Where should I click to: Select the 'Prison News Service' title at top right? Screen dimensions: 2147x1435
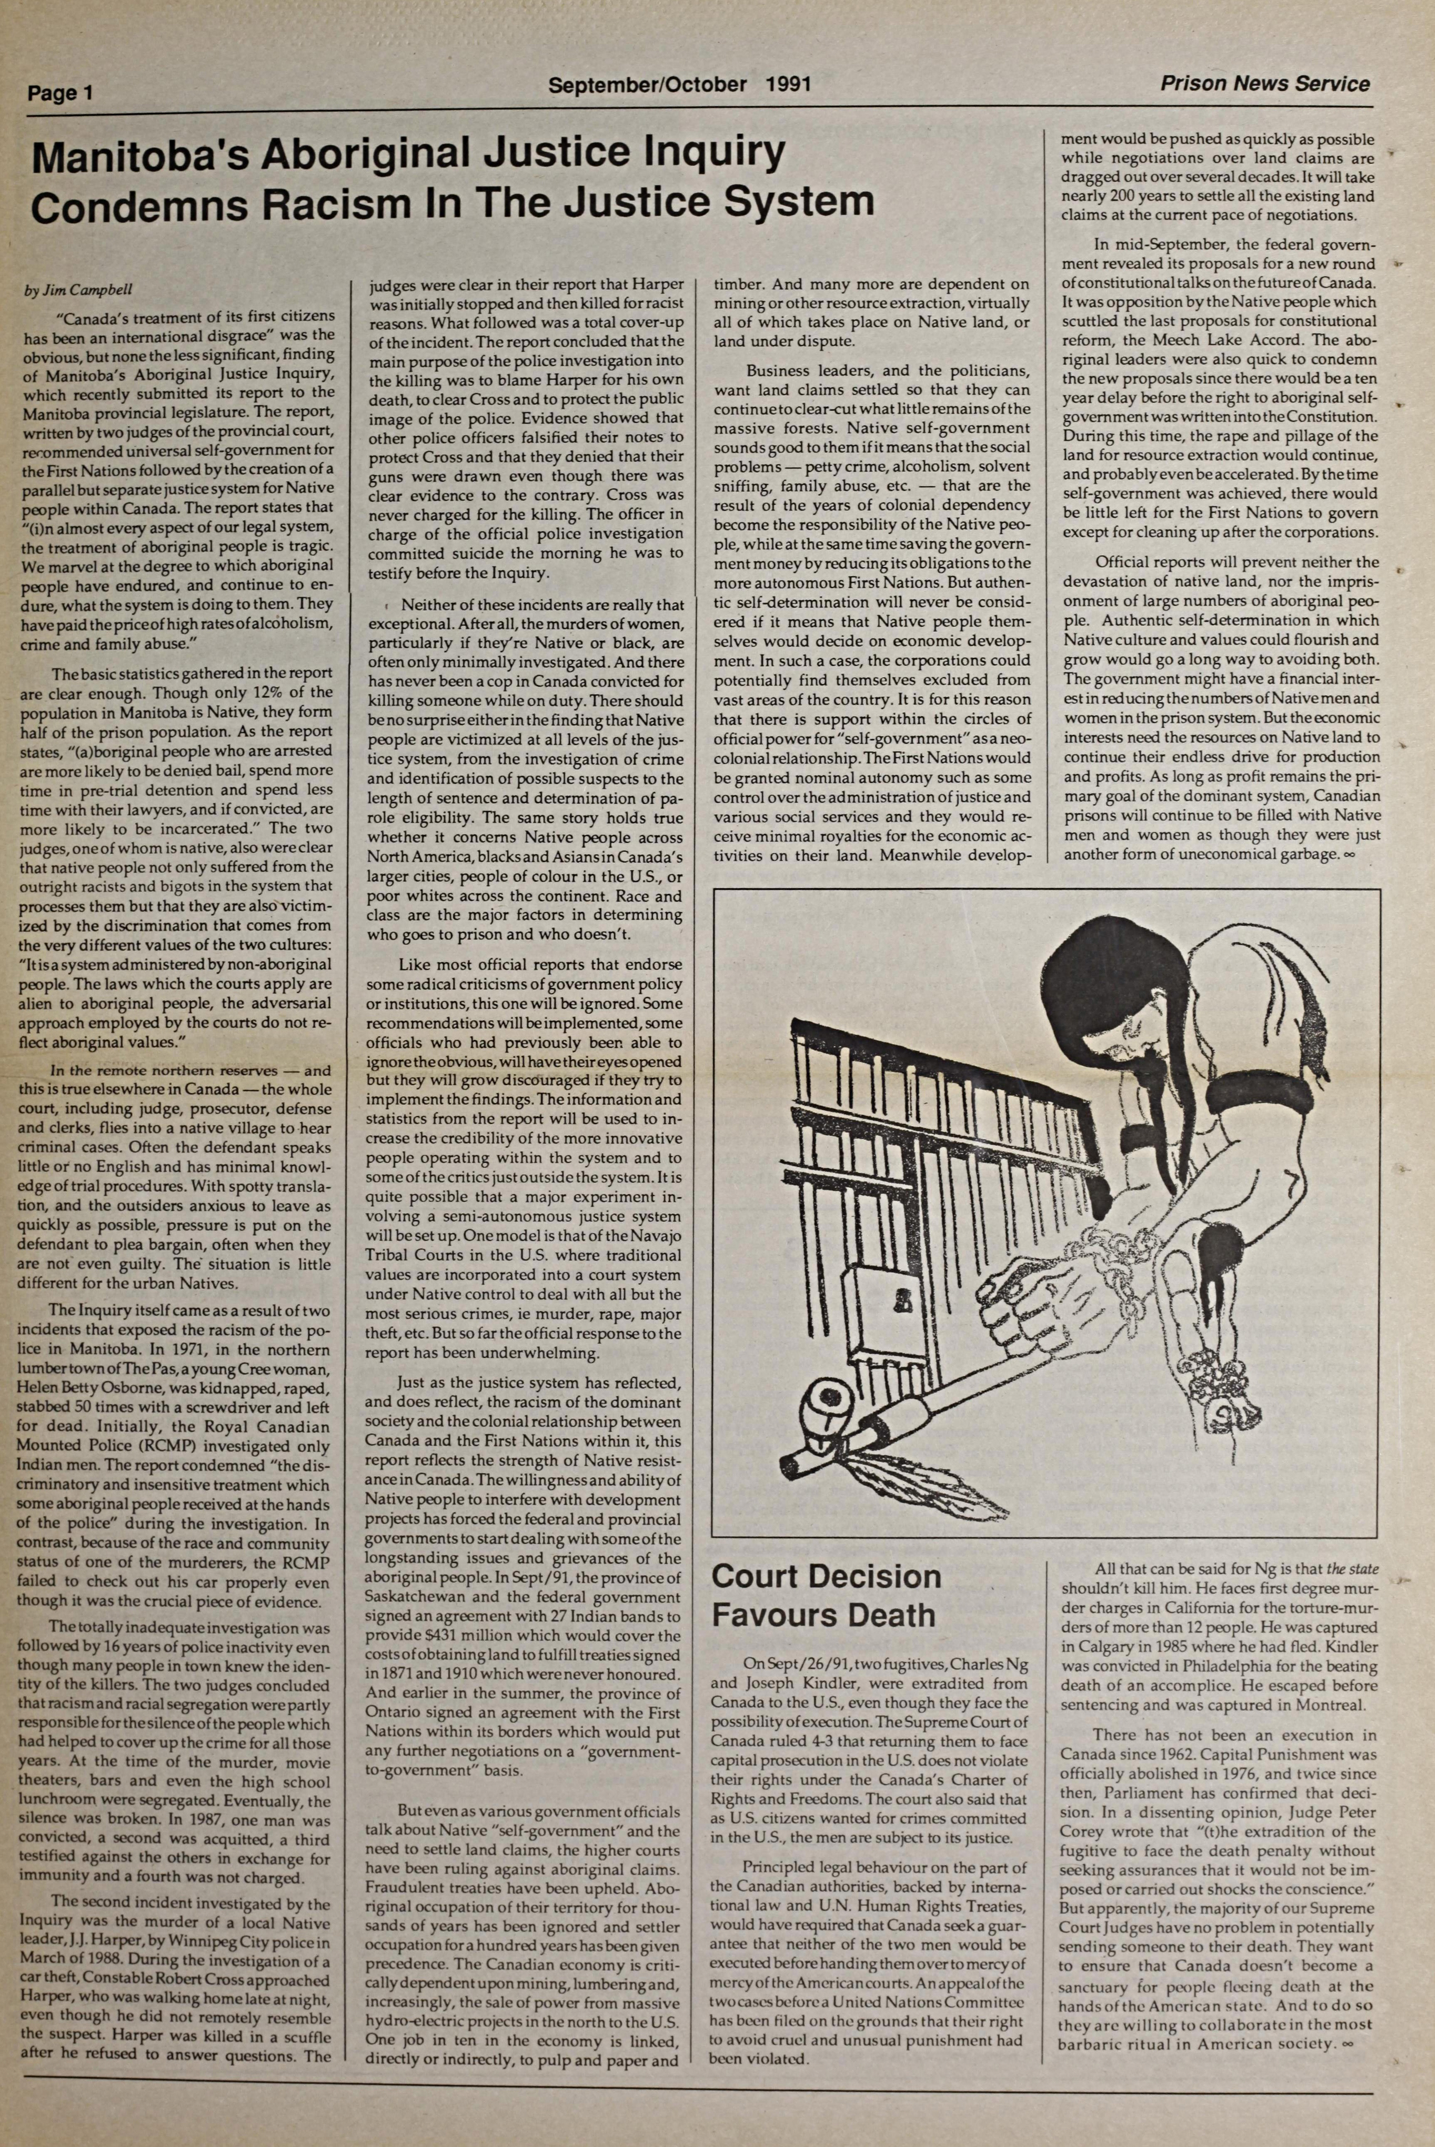pyautogui.click(x=1265, y=84)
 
